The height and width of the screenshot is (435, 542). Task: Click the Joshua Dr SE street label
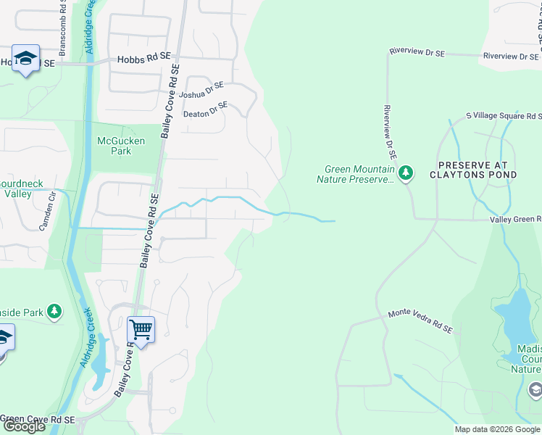pyautogui.click(x=202, y=90)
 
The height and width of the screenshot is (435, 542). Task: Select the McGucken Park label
pyautogui.click(x=121, y=146)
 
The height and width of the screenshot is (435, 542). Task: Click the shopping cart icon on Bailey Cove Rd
pyautogui.click(x=141, y=330)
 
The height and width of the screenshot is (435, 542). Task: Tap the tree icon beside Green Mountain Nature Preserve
pyautogui.click(x=406, y=173)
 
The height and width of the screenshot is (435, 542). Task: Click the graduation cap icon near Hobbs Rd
pyautogui.click(x=25, y=59)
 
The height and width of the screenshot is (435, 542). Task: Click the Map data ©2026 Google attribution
pyautogui.click(x=497, y=429)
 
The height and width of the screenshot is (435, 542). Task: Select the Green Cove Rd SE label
pyautogui.click(x=38, y=419)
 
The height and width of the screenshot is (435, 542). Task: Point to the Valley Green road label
pyautogui.click(x=515, y=219)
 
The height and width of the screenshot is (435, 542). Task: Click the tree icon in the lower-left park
pyautogui.click(x=54, y=311)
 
